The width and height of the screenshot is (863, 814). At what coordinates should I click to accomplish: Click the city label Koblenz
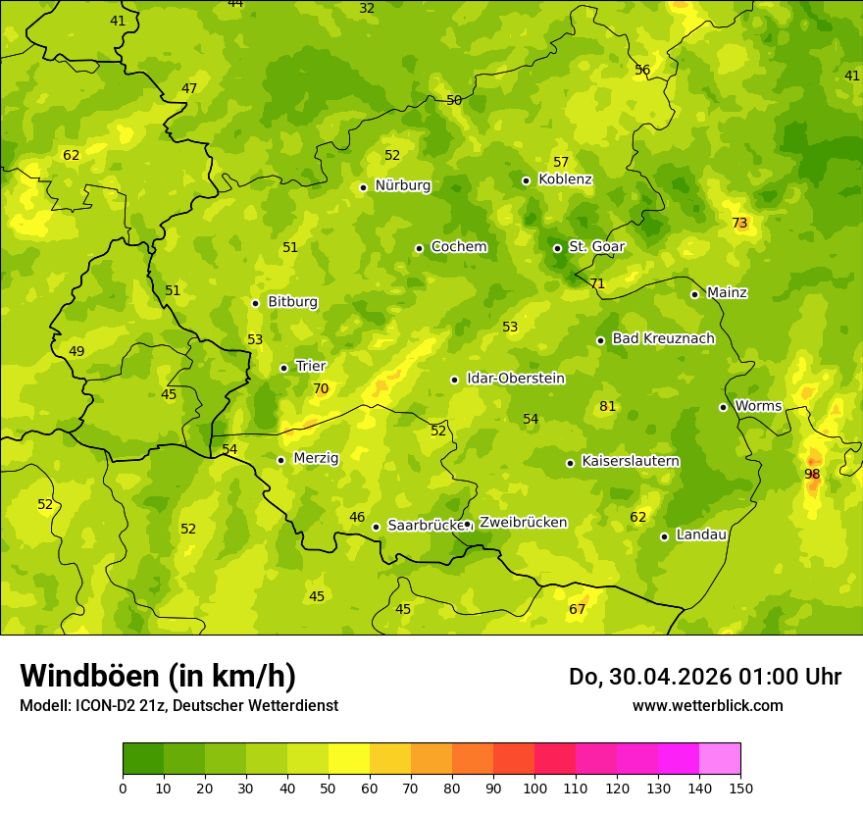pos(565,179)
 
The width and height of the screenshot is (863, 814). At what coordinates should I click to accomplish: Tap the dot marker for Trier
pos(283,368)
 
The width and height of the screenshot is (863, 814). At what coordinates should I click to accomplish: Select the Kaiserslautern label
pos(630,461)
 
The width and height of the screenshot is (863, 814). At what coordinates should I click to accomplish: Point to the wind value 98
pos(812,474)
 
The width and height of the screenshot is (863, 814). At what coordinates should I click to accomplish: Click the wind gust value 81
pos(607,406)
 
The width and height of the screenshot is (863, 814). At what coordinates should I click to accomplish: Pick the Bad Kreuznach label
pos(663,338)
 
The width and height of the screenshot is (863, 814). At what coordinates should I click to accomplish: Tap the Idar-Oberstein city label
pos(515,378)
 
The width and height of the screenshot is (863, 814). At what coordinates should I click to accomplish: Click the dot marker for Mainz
pos(694,294)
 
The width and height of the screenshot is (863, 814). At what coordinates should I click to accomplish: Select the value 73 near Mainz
pos(739,223)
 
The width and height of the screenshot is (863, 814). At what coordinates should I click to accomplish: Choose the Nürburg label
pos(402,184)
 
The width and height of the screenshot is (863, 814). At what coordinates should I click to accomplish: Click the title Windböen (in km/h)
pos(158,676)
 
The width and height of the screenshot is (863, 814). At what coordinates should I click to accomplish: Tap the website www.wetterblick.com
pos(707,705)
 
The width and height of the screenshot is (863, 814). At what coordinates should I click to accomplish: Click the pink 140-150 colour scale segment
pos(720,759)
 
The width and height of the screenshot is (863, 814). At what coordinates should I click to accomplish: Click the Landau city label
pos(701,534)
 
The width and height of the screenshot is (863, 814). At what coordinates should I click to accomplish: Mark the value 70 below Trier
pos(321,388)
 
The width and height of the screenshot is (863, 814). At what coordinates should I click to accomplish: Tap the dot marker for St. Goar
pos(557,248)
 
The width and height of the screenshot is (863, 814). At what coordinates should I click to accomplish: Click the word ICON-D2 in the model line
pos(98,705)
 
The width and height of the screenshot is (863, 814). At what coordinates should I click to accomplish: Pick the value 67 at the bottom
pos(577,609)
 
